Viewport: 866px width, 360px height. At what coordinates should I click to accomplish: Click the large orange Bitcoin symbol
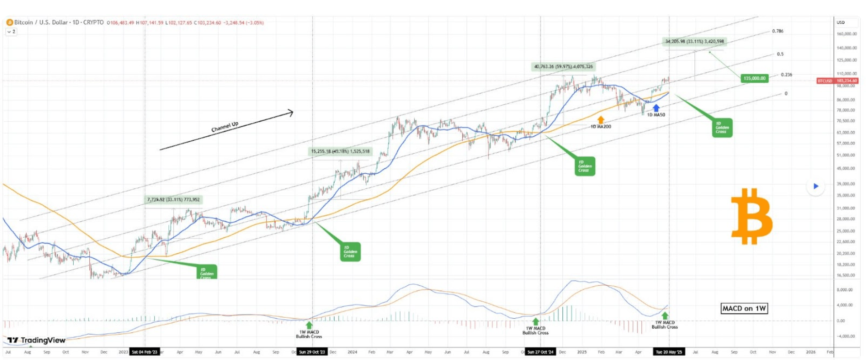click(752, 216)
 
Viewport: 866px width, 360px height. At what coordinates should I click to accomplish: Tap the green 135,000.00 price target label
click(754, 78)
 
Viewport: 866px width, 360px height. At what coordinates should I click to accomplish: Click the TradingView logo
click(36, 340)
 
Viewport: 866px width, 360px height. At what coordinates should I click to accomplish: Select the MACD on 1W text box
click(744, 309)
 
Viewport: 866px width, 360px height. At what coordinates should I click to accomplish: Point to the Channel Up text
click(225, 127)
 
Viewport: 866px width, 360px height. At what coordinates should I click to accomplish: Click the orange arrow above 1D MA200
click(601, 119)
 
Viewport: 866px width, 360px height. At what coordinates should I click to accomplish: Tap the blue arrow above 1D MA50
click(656, 108)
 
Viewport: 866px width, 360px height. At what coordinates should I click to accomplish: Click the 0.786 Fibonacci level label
click(778, 31)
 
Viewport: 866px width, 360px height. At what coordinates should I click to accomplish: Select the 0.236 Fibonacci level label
click(786, 75)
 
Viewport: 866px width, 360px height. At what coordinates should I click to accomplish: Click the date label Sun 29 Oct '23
click(312, 352)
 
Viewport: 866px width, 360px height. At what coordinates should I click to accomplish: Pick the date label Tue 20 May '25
click(669, 352)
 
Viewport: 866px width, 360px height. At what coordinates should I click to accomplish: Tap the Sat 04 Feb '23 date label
click(145, 352)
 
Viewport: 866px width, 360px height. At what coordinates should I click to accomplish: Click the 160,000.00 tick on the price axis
click(847, 34)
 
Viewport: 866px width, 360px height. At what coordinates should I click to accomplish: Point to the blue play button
click(816, 186)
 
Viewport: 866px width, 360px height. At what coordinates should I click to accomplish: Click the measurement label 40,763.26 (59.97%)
click(563, 66)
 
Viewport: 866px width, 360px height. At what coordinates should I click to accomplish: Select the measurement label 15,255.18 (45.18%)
click(340, 151)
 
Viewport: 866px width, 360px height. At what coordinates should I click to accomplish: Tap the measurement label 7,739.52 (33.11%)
click(173, 199)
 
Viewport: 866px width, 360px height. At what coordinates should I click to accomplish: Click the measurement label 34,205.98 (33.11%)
click(694, 42)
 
